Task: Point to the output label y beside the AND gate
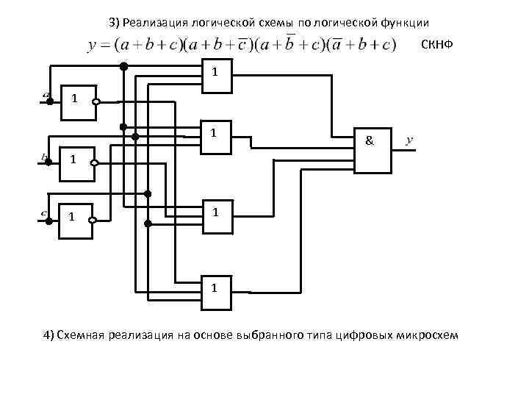(409, 138)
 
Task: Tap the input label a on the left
(46, 95)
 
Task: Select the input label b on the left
(45, 157)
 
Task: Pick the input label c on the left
(45, 214)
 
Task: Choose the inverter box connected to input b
(76, 163)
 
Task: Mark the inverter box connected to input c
(76, 218)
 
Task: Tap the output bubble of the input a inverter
(96, 103)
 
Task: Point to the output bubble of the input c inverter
(96, 219)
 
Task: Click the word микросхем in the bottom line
(431, 336)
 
